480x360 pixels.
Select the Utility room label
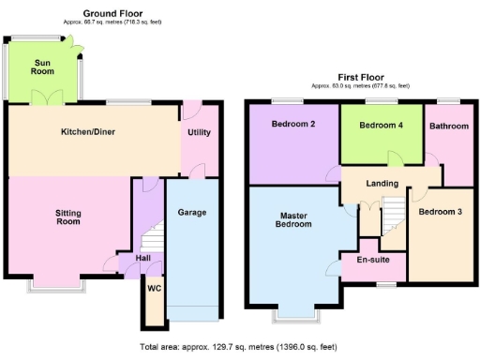pos(199,132)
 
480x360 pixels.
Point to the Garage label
pos(192,213)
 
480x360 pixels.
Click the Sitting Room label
pos(68,219)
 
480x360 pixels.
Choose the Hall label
pos(143,258)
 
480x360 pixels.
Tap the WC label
pos(155,288)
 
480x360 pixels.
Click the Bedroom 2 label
pos(292,125)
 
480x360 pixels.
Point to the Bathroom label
pos(447,125)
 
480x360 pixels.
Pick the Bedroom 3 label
pos(441,212)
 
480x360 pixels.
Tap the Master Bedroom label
pos(293,219)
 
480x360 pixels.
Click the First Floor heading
pos(362,78)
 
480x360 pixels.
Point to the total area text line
pos(240,347)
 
